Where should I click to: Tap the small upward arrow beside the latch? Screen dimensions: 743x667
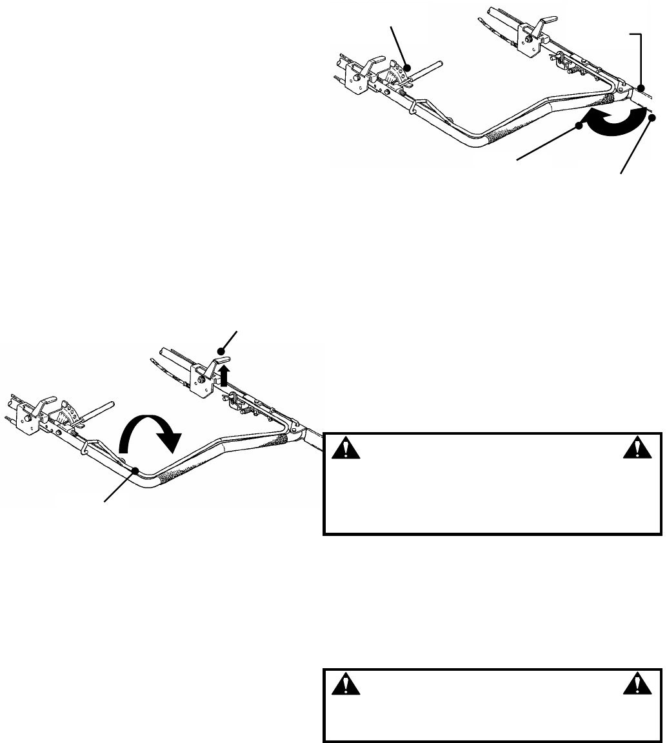point(224,377)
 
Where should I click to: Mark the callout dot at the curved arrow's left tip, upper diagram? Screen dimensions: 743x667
point(579,126)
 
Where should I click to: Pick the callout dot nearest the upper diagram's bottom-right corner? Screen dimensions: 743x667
point(651,117)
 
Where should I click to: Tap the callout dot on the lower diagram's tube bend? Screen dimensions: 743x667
point(134,471)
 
